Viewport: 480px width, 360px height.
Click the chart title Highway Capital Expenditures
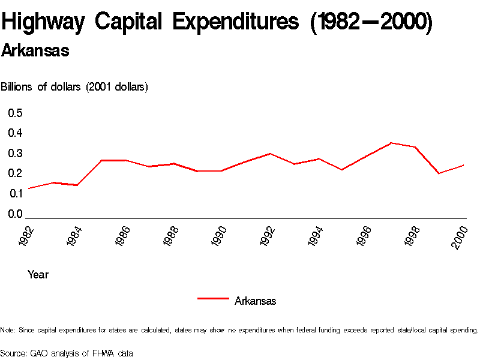point(216,23)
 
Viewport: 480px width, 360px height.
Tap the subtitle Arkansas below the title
point(35,51)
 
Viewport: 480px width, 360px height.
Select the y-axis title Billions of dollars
point(74,87)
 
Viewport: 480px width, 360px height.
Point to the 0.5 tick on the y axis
point(15,113)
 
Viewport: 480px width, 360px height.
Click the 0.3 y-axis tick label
point(15,153)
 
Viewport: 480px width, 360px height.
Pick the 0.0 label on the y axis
point(15,214)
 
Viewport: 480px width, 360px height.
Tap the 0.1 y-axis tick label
point(15,193)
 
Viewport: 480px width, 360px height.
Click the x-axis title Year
point(38,275)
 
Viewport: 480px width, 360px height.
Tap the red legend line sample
point(213,298)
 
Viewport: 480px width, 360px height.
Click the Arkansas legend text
point(256,301)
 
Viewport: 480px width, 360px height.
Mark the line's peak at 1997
point(391,143)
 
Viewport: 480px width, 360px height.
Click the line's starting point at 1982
point(28,188)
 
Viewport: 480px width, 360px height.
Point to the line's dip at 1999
point(440,173)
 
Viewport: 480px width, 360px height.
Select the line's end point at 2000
point(464,165)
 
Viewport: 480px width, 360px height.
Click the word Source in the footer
point(13,353)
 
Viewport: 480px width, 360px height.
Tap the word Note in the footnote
point(8,330)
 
